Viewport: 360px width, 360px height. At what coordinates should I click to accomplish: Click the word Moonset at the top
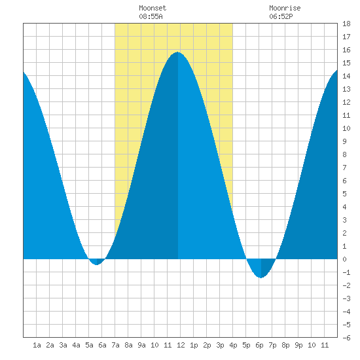pyautogui.click(x=153, y=8)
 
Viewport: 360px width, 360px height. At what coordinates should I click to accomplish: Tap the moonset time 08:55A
pyautogui.click(x=151, y=16)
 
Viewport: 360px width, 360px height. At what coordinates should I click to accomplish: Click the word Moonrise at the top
pyautogui.click(x=285, y=8)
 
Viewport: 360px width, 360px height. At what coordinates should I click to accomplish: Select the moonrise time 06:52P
pyautogui.click(x=281, y=16)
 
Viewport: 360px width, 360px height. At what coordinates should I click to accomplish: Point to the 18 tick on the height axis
pyautogui.click(x=346, y=24)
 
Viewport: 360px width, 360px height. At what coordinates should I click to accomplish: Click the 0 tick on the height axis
pyautogui.click(x=344, y=259)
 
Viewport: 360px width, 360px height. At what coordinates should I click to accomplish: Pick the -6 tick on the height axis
pyautogui.click(x=346, y=338)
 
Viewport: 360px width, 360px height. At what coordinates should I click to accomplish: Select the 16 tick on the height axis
pyautogui.click(x=346, y=50)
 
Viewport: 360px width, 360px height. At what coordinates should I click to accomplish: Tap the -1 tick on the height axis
pyautogui.click(x=346, y=272)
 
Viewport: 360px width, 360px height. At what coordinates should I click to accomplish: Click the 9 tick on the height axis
pyautogui.click(x=344, y=141)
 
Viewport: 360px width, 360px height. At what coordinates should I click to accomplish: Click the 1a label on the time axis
pyautogui.click(x=37, y=345)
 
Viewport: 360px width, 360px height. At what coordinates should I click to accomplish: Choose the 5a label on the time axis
pyautogui.click(x=89, y=345)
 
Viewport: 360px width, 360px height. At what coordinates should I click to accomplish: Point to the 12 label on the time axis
pyautogui.click(x=181, y=345)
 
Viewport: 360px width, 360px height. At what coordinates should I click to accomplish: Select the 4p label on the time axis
pyautogui.click(x=233, y=345)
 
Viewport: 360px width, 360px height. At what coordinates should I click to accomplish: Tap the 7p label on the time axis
pyautogui.click(x=272, y=345)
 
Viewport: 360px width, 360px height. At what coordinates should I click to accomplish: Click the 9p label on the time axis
pyautogui.click(x=298, y=345)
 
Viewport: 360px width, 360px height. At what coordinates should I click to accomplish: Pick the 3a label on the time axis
pyautogui.click(x=63, y=345)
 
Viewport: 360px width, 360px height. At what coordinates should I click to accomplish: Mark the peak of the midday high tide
pyautogui.click(x=177, y=52)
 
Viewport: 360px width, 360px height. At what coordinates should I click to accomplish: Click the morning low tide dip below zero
pyautogui.click(x=97, y=264)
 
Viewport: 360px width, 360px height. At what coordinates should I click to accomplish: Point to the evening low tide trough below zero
pyautogui.click(x=261, y=278)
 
